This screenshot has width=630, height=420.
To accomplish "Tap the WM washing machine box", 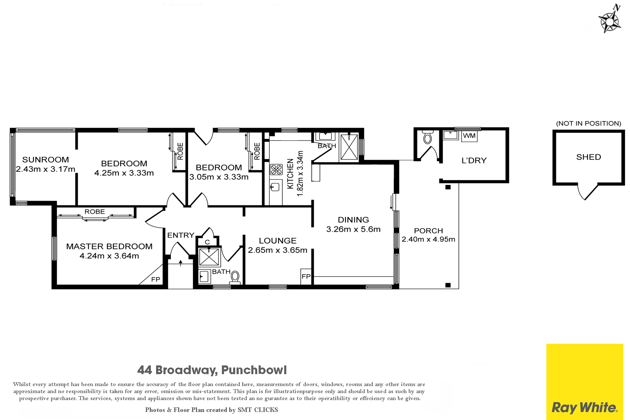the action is tap(469, 136).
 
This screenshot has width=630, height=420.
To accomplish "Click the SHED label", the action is tap(589, 157).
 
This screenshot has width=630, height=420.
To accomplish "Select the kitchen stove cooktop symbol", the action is tap(276, 170).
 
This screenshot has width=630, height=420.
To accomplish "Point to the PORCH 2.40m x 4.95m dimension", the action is tap(428, 239).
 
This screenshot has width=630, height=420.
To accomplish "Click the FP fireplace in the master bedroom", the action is tap(155, 279).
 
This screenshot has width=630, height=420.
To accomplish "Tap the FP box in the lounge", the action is tap(306, 276).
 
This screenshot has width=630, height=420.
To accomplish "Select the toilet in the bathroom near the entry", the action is tap(235, 278).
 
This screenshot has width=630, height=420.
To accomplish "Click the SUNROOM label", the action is tap(45, 160).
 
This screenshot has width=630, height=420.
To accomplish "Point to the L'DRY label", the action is tap(474, 161).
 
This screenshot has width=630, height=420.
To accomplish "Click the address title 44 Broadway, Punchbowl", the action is tap(212, 370).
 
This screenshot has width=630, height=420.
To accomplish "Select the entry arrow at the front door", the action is tap(181, 263).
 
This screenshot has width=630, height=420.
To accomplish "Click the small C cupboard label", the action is tap(207, 242).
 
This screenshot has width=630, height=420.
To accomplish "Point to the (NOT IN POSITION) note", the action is tap(589, 123).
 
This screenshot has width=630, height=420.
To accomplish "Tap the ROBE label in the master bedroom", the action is tap(94, 212).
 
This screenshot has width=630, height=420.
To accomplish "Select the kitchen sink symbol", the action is tap(275, 187).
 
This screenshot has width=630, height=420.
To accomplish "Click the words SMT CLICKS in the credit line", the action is tap(258, 410).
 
